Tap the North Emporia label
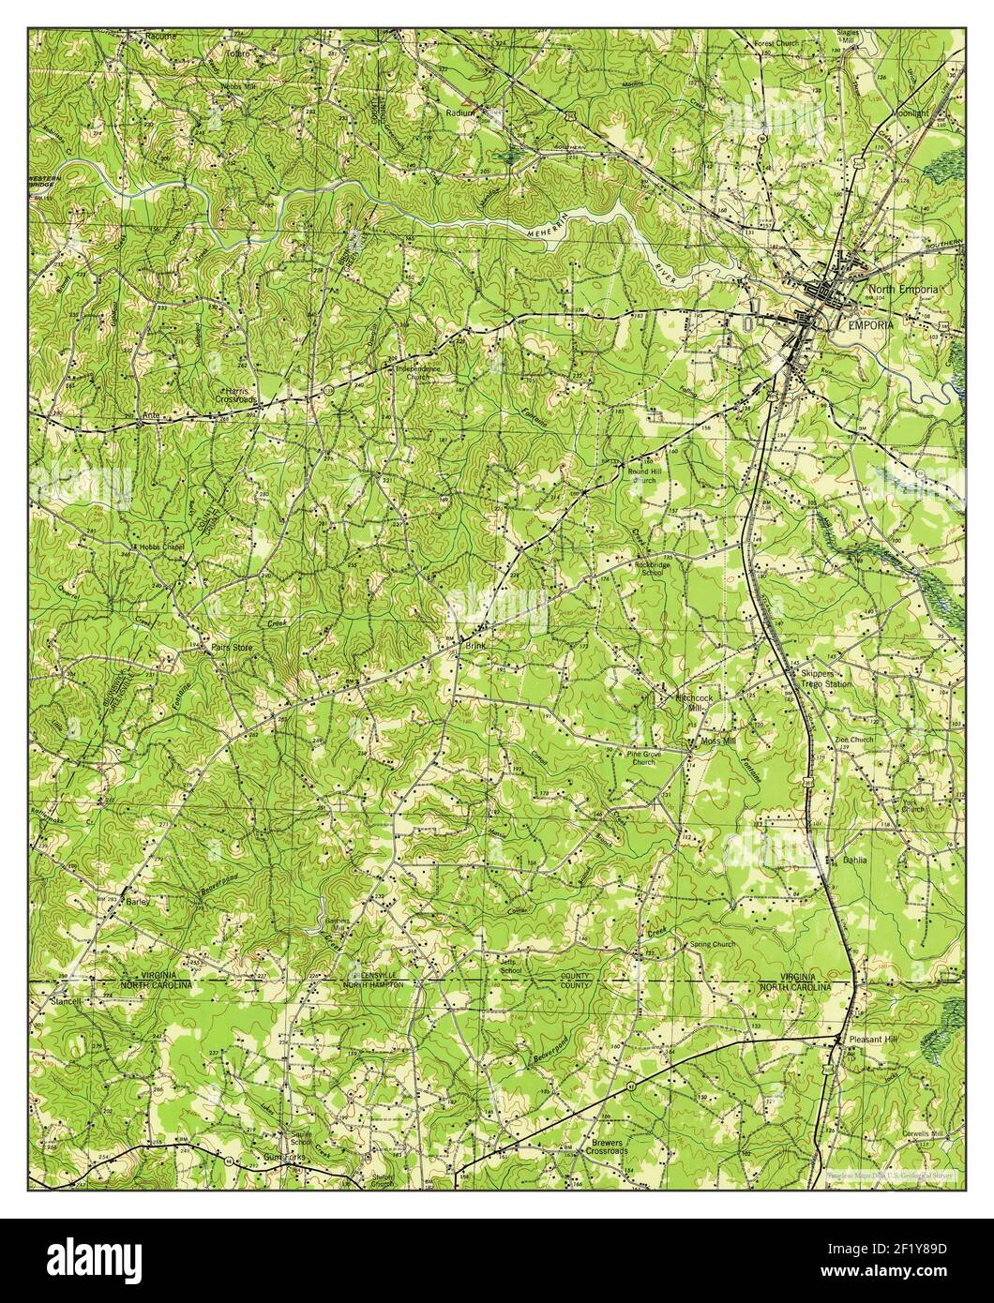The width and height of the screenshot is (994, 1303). (x=902, y=291)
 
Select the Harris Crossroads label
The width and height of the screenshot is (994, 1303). (x=239, y=395)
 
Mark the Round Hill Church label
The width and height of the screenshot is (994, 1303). (x=644, y=476)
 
